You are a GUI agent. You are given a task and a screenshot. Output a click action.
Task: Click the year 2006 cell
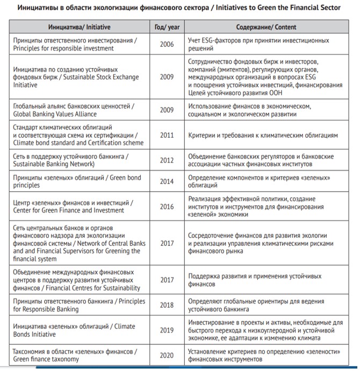point(167,44)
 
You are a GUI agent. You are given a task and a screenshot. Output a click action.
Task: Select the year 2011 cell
point(167,135)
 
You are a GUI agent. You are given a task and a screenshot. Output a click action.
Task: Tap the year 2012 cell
point(167,160)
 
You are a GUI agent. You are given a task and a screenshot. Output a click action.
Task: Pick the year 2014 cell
point(167,181)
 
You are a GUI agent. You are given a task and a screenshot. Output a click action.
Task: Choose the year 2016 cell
point(167,206)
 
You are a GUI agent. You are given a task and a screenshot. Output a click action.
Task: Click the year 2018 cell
point(167,305)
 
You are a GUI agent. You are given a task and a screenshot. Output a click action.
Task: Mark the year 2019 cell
point(167,330)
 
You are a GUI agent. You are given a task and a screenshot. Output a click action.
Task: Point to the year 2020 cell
point(167,355)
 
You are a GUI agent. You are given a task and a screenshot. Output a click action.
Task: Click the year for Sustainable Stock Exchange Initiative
point(167,77)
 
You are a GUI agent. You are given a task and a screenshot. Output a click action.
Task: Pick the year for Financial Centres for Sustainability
point(167,280)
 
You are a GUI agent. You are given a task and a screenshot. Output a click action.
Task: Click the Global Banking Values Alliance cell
point(80,110)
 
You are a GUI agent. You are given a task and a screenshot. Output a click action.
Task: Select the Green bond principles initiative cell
point(80,181)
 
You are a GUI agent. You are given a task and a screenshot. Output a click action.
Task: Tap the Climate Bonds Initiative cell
point(80,330)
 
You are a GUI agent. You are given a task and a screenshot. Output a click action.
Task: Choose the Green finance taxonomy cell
point(80,355)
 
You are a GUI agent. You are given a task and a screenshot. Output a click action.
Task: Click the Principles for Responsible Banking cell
point(80,305)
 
